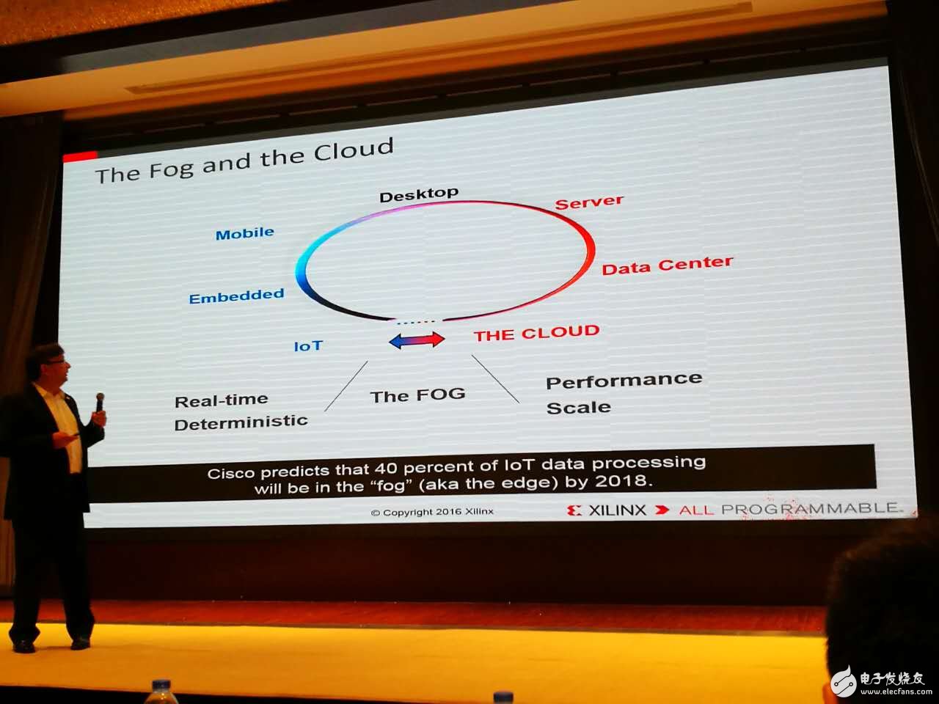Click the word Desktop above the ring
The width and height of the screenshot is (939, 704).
[419, 195]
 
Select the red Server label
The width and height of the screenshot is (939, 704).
[589, 202]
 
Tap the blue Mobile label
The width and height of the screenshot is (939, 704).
[245, 234]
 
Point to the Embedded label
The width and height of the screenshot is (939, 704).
[236, 296]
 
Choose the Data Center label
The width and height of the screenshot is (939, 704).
[668, 265]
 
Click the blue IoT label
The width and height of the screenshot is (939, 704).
[308, 346]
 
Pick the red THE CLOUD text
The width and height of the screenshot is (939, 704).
[536, 334]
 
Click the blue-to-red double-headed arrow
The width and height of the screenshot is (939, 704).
[417, 340]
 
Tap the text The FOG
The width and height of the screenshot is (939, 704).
[417, 395]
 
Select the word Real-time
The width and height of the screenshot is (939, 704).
[221, 400]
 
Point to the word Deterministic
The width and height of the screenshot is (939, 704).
[241, 423]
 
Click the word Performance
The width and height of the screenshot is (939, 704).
[624, 380]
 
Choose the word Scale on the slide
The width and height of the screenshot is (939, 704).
[578, 407]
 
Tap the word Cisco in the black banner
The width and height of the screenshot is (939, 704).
[231, 473]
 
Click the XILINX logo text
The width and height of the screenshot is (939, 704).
[617, 510]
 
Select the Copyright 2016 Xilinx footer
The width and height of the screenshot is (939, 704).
[432, 512]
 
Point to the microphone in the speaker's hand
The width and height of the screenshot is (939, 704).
[100, 402]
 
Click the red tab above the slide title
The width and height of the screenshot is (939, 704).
[80, 156]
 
